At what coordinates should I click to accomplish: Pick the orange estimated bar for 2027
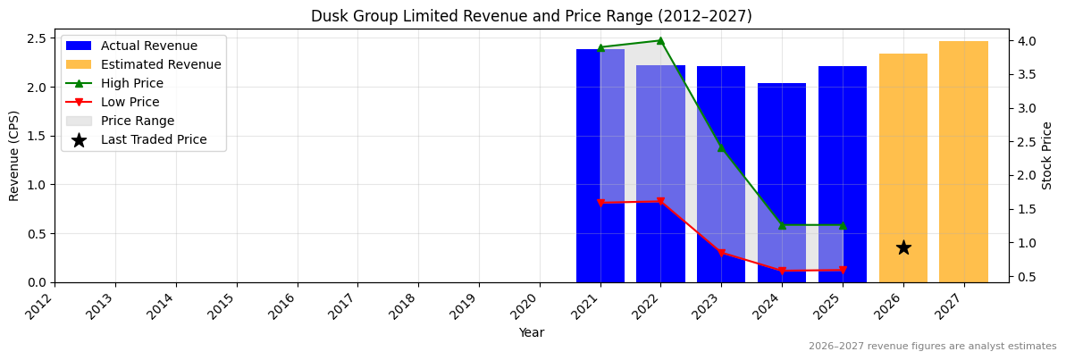click(963, 162)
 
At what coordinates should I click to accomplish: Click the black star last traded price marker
click(903, 247)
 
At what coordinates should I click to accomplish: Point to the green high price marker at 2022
click(660, 40)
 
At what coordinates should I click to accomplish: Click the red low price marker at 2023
click(721, 253)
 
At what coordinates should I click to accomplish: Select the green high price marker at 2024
click(782, 225)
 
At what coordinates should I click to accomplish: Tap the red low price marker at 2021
click(600, 203)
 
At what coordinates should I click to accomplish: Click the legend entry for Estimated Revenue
click(161, 64)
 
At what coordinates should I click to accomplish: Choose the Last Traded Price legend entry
click(154, 139)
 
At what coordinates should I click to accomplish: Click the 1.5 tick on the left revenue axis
click(37, 136)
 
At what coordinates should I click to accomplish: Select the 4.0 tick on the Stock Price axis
click(1028, 41)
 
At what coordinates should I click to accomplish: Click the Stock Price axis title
click(1047, 155)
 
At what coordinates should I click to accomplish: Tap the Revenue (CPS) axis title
click(14, 155)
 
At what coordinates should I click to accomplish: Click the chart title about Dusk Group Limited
click(532, 16)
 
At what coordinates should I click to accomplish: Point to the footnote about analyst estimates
click(932, 347)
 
